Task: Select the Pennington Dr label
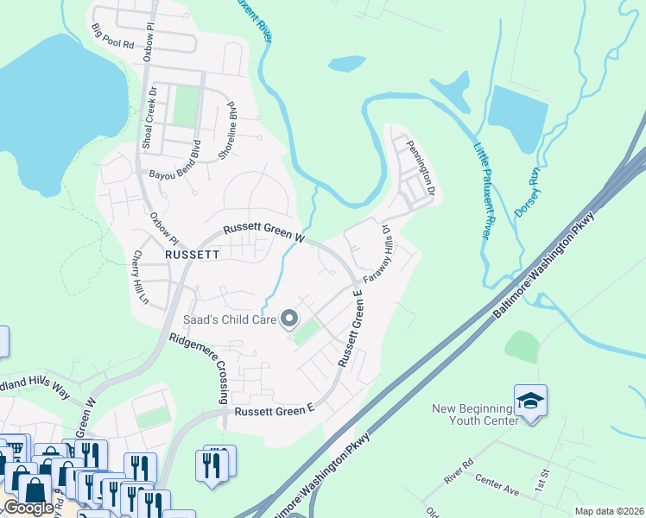421,166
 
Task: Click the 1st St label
542,477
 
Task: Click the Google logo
28,509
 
